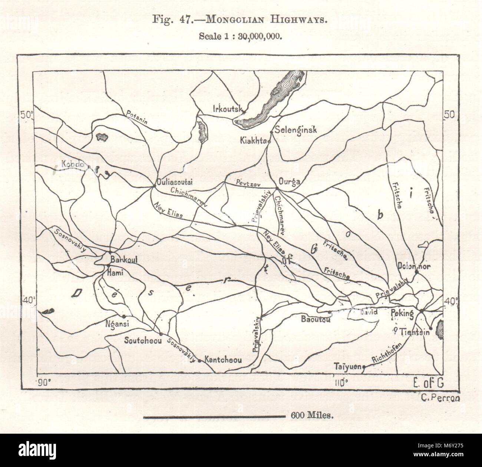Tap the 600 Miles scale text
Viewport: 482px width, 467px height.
pos(313,416)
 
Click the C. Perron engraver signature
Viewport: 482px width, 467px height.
pos(440,398)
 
